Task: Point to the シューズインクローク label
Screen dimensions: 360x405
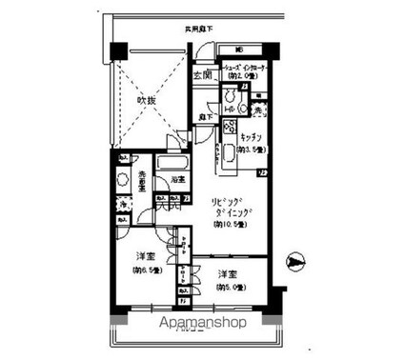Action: click(x=250, y=70)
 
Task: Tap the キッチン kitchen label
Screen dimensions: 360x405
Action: click(x=252, y=138)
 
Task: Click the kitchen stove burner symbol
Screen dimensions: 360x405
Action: click(x=229, y=126)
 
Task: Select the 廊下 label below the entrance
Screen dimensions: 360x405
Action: click(x=204, y=116)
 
